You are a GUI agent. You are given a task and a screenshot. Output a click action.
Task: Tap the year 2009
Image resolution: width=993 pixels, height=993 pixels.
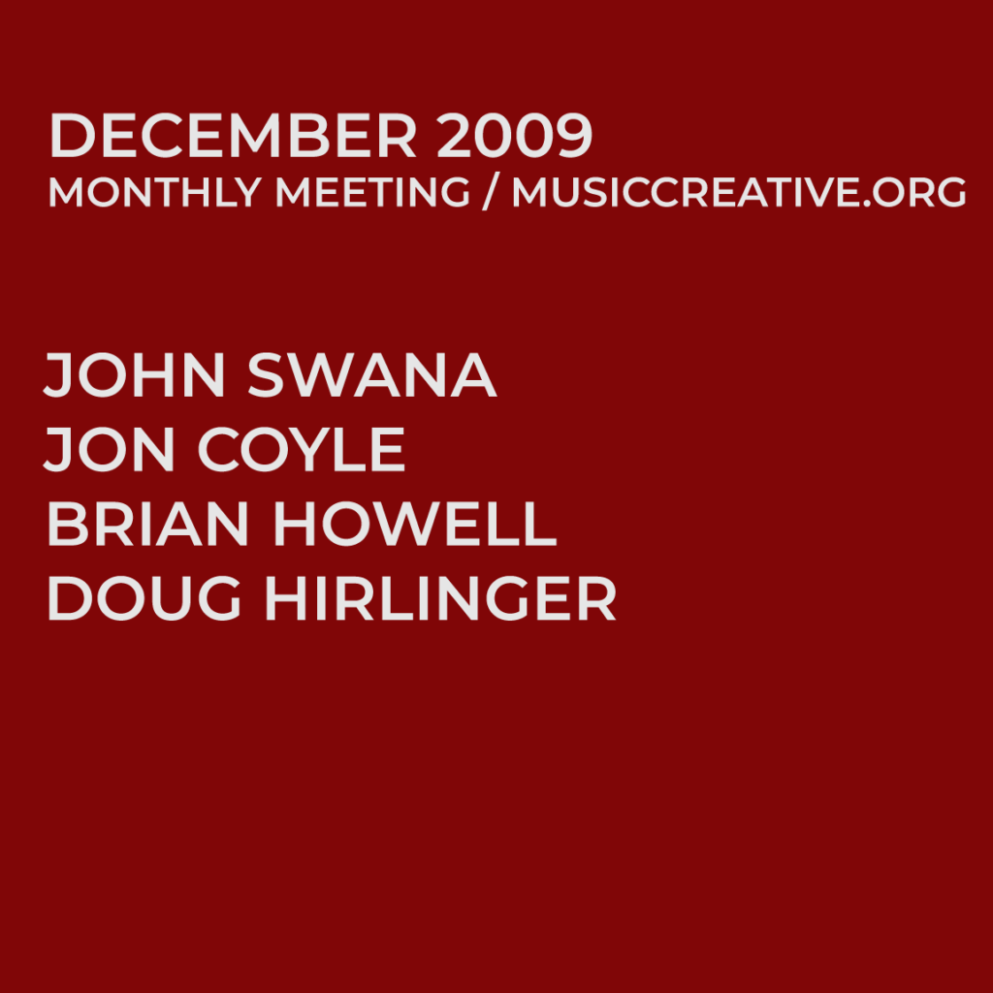[x=514, y=137]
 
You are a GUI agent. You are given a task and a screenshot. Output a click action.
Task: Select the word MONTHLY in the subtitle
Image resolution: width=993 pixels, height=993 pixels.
[x=153, y=193]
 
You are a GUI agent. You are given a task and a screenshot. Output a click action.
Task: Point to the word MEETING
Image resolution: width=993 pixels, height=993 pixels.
[x=372, y=193]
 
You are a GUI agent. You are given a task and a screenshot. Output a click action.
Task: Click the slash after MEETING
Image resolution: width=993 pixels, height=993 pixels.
[x=492, y=193]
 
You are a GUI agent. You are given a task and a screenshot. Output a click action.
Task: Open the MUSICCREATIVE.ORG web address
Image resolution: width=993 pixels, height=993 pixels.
[x=739, y=193]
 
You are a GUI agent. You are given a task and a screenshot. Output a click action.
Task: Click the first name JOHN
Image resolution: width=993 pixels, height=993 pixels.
[x=136, y=375]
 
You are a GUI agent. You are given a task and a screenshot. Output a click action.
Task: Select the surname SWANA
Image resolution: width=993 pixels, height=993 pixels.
[x=372, y=375]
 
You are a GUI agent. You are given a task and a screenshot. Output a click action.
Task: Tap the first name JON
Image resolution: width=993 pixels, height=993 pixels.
[x=109, y=450]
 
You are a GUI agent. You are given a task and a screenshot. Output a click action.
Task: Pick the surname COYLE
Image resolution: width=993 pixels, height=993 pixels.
[x=303, y=450]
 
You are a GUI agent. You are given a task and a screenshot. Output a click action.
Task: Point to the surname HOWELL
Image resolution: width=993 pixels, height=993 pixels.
[x=415, y=525]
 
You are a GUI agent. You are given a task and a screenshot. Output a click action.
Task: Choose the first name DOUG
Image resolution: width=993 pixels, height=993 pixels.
[x=144, y=599]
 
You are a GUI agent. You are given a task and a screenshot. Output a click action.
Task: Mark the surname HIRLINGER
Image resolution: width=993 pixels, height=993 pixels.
[x=440, y=599]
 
